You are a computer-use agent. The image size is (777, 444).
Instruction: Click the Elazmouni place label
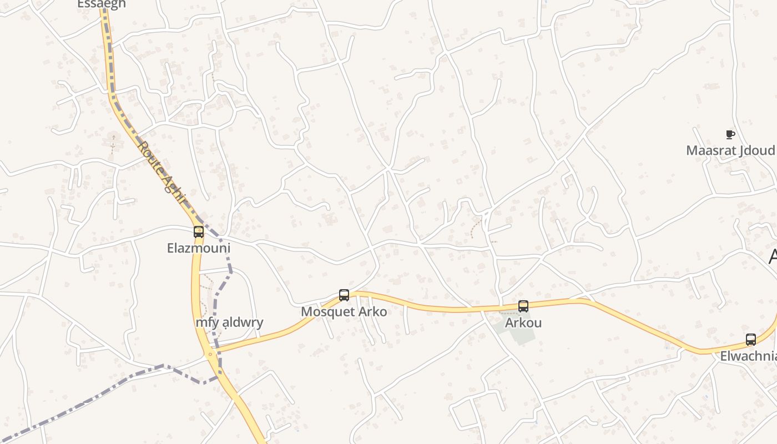point(199,248)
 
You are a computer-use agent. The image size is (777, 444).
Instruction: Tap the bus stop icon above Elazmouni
point(199,231)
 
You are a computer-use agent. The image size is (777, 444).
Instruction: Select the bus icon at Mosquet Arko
point(344,295)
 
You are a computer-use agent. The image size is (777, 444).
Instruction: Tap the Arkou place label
point(523,322)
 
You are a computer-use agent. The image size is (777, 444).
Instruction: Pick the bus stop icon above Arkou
point(523,306)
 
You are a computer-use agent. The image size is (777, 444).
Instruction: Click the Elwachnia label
point(748,356)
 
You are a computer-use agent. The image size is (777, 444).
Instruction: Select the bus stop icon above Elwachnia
point(751,339)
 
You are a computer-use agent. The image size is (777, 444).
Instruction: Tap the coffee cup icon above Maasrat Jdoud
point(730,134)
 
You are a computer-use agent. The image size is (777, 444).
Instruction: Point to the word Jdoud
point(758,150)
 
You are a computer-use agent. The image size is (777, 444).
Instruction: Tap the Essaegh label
point(102,4)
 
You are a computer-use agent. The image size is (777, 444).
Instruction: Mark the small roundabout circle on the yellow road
point(210,354)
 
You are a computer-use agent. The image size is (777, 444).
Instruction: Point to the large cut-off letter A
point(773,256)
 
